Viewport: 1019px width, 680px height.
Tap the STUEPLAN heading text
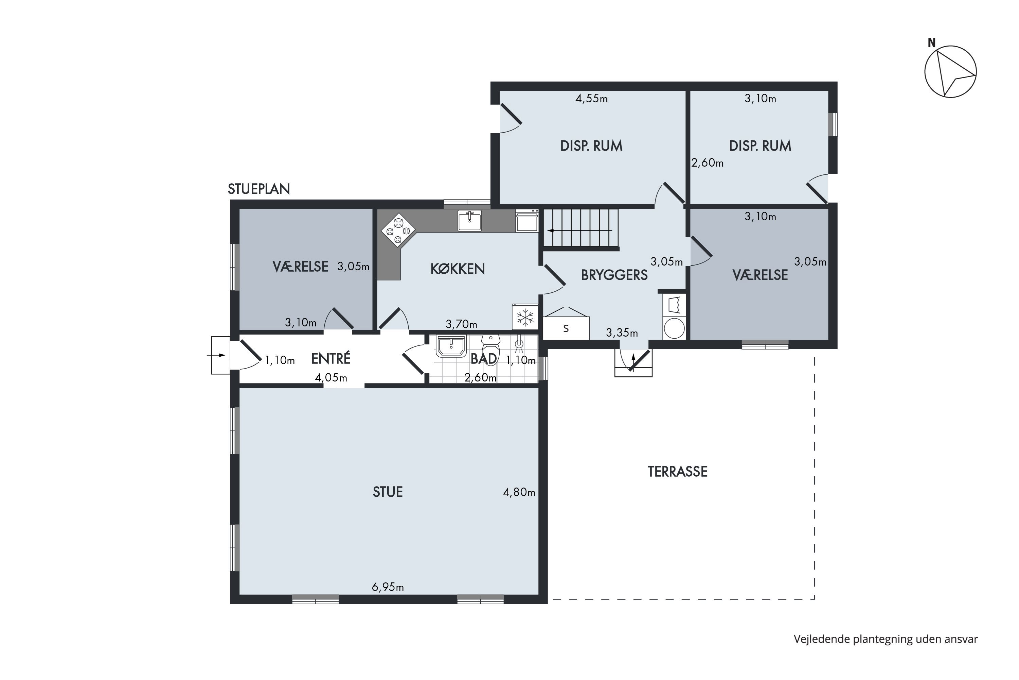click(x=258, y=189)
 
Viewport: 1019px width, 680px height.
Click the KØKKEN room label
click(x=458, y=269)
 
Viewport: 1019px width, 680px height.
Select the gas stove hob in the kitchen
click(x=398, y=230)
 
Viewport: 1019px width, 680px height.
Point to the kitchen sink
click(x=470, y=221)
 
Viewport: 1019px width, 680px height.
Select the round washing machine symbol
click(x=674, y=328)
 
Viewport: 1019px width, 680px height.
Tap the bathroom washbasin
click(x=451, y=346)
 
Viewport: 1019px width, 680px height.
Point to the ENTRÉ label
click(x=330, y=359)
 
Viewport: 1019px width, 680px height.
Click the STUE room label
click(x=388, y=492)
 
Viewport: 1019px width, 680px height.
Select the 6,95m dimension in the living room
click(x=388, y=587)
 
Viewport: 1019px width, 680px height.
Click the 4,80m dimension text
click(x=519, y=492)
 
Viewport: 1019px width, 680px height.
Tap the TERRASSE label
click(x=677, y=471)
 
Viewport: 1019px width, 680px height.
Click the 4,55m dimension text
click(x=591, y=99)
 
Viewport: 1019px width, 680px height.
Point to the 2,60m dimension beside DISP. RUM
click(x=707, y=163)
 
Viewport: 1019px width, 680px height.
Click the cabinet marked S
click(x=566, y=328)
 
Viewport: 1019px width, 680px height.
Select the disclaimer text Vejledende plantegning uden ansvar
click(x=886, y=639)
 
